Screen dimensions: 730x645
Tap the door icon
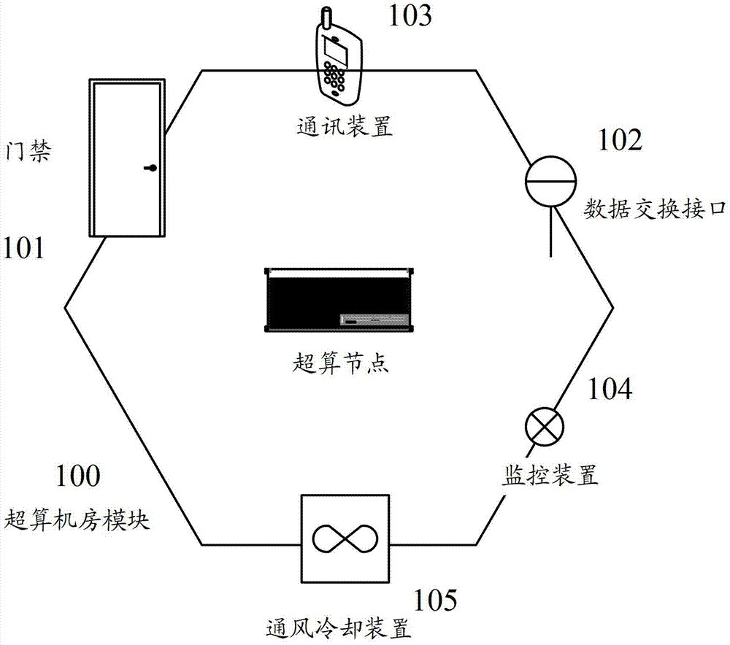point(127,158)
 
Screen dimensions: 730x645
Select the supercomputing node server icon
point(339,300)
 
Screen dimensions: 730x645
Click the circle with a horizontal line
point(550,180)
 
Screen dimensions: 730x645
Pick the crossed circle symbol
point(545,426)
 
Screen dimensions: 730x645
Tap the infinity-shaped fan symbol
point(345,539)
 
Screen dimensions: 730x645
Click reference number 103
point(410,16)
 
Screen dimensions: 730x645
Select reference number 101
point(23,247)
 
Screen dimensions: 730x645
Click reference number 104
point(610,389)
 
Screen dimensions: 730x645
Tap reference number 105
point(435,600)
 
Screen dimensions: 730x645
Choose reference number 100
point(78,476)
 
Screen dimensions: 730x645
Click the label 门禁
point(28,151)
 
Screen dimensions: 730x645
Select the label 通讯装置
point(345,125)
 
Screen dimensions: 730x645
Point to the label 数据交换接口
point(656,209)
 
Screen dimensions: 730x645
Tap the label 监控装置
point(550,475)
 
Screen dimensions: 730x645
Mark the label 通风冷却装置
point(339,629)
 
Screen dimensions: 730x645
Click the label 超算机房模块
point(77,520)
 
